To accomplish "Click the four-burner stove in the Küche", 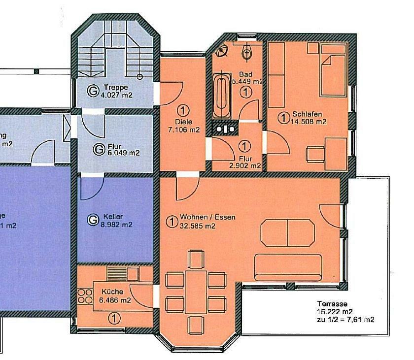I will (85, 295).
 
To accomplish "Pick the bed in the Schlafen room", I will (332, 71).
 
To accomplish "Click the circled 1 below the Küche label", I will (114, 319).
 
